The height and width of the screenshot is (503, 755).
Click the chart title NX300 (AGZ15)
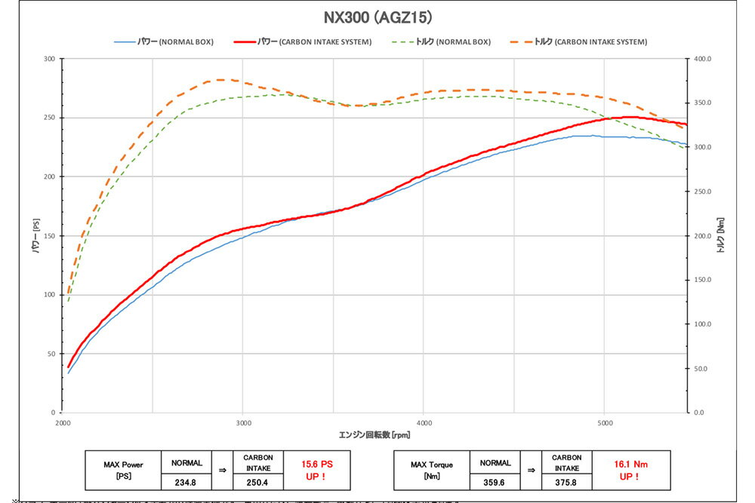(377, 16)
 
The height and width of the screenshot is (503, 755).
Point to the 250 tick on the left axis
(51, 118)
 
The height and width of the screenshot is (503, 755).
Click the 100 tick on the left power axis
(51, 295)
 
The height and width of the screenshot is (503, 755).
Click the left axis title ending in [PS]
(35, 235)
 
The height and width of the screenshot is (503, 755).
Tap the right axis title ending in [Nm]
(720, 235)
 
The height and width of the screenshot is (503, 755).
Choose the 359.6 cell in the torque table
(495, 482)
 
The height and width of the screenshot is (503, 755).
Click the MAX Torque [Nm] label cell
(432, 471)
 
